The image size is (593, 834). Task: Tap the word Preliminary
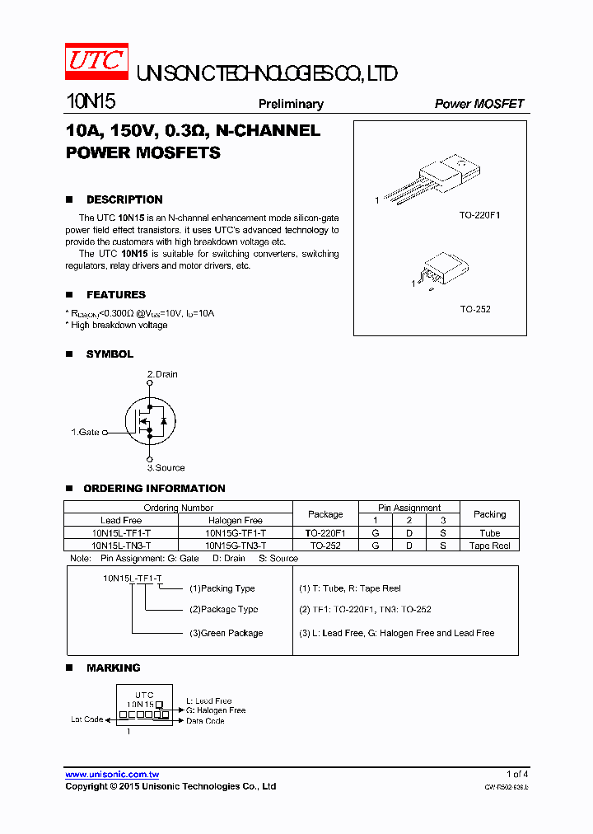pyautogui.click(x=291, y=104)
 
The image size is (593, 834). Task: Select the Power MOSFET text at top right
pyautogui.click(x=479, y=104)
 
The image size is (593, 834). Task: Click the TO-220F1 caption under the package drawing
pyautogui.click(x=479, y=215)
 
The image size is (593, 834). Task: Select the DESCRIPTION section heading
pyautogui.click(x=124, y=199)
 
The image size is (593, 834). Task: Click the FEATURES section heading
pyautogui.click(x=116, y=294)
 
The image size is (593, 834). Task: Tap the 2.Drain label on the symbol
pyautogui.click(x=162, y=374)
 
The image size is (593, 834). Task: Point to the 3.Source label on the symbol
pyautogui.click(x=166, y=467)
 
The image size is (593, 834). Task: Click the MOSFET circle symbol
pyautogui.click(x=150, y=421)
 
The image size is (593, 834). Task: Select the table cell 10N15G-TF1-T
pyautogui.click(x=235, y=533)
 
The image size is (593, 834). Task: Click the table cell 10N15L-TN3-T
pyautogui.click(x=121, y=546)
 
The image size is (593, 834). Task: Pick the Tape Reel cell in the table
pyautogui.click(x=489, y=546)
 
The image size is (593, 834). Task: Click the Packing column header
pyautogui.click(x=489, y=513)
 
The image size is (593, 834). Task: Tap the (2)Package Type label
pyautogui.click(x=223, y=609)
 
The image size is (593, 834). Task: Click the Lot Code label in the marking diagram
pyautogui.click(x=86, y=719)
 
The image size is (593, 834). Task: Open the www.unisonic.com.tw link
pyautogui.click(x=112, y=775)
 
